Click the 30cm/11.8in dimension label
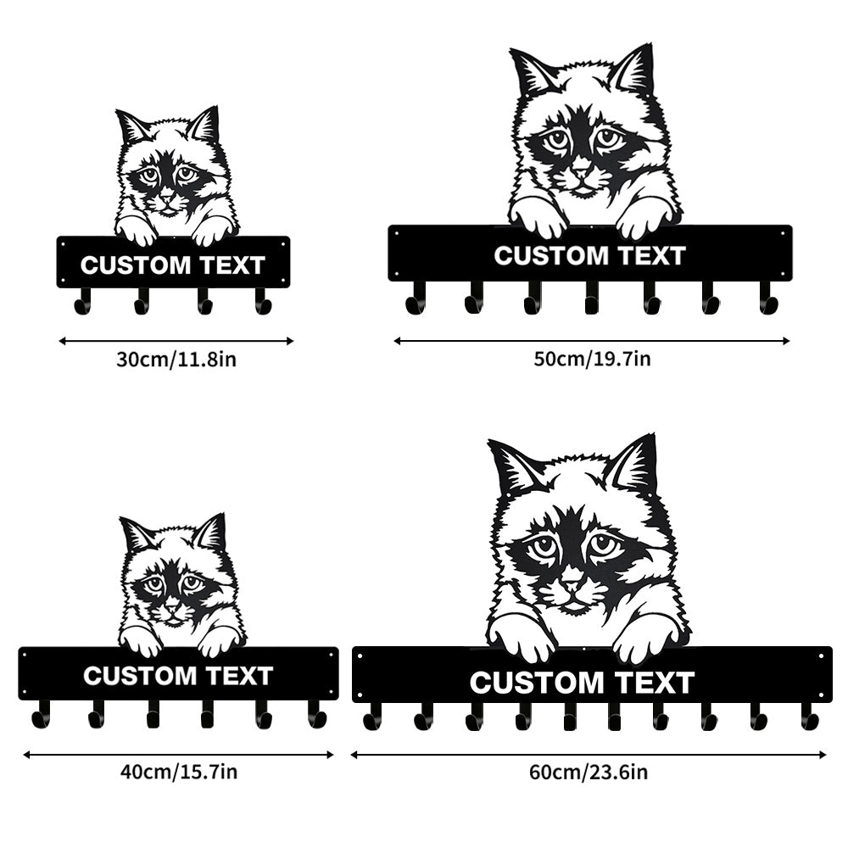point(176,359)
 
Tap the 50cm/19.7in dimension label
point(592,359)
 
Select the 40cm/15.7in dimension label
point(178,772)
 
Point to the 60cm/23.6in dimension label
point(589,772)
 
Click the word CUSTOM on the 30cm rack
point(136,265)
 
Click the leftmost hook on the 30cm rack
point(83,302)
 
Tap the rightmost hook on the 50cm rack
point(768,299)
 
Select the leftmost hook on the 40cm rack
point(41,716)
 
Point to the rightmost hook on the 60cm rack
point(810,718)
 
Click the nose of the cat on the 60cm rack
point(571,584)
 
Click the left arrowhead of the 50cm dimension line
point(398,341)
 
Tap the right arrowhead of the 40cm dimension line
point(330,755)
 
